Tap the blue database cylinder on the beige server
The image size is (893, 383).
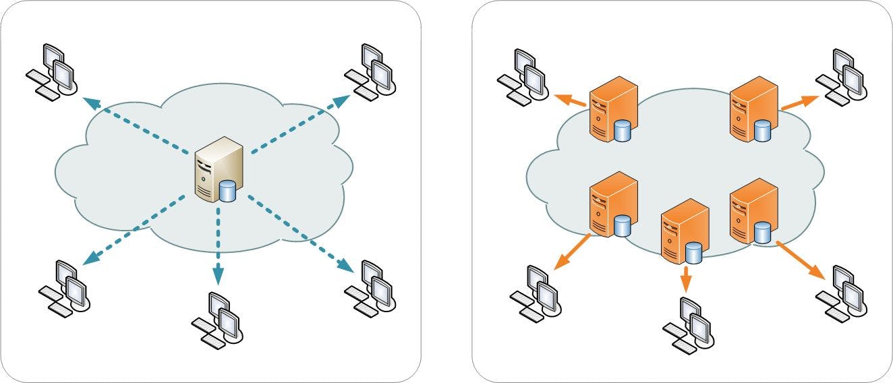(228, 191)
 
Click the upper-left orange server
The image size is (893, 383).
(613, 109)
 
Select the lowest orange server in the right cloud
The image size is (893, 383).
(684, 233)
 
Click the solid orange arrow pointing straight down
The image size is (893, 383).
(686, 278)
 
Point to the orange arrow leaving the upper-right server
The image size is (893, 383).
(799, 103)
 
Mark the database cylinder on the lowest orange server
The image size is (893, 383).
(693, 254)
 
